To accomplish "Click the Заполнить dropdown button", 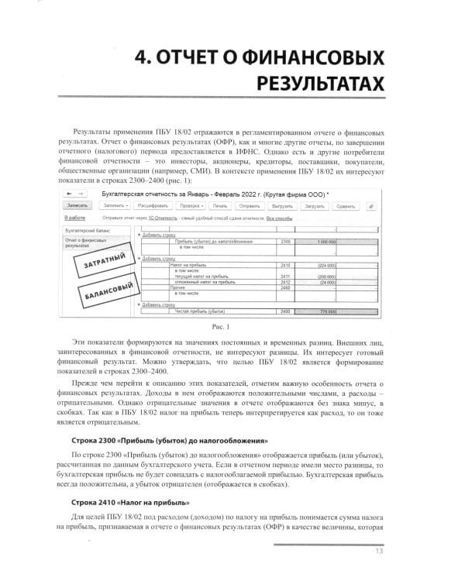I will [116, 206].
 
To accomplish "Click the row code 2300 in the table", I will [284, 242].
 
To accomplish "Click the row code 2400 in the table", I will [284, 311].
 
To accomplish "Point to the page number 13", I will [378, 552].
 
